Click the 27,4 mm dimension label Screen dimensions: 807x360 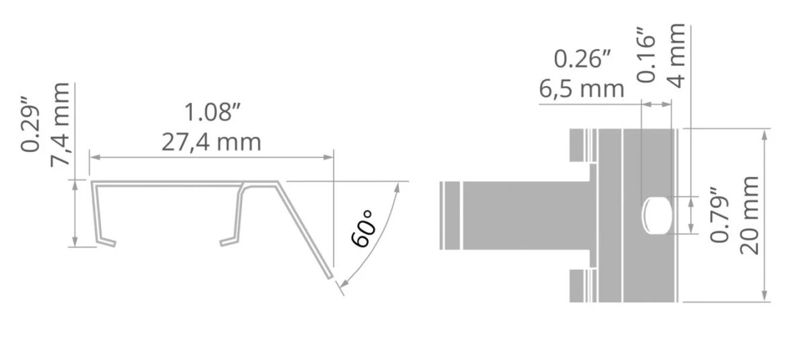[211, 143]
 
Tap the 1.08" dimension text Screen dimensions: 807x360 [212, 112]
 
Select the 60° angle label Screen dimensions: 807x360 [363, 229]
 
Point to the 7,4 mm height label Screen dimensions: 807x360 [60, 124]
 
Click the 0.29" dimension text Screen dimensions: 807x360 [30, 124]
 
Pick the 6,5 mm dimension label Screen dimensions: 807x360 [582, 89]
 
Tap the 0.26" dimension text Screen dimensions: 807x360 [582, 59]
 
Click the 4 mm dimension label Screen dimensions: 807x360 [677, 55]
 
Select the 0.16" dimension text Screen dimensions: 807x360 [646, 55]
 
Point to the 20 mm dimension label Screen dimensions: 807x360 [749, 215]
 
